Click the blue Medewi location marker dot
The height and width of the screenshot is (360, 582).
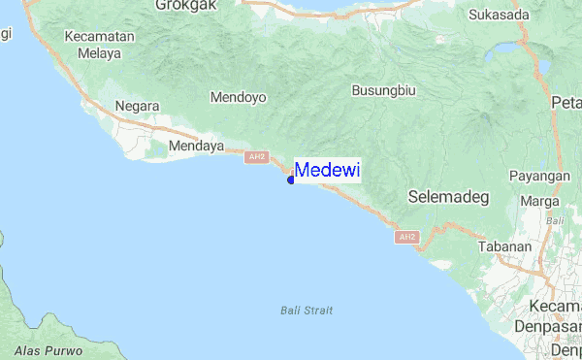point(291,179)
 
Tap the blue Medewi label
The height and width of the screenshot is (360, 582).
point(327,171)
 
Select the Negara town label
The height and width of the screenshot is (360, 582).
point(136,106)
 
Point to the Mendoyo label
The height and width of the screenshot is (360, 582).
point(238,97)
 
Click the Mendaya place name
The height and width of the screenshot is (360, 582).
point(196,147)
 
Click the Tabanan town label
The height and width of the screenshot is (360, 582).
point(504,246)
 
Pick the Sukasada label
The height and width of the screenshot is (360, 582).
point(499,15)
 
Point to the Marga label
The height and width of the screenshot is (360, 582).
point(539,201)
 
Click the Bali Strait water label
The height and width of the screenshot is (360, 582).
point(306,311)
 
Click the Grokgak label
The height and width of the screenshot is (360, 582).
point(183,5)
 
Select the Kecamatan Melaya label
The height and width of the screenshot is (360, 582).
point(99,45)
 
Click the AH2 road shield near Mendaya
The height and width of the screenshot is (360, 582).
point(256,157)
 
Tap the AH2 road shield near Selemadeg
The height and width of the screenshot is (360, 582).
point(407,237)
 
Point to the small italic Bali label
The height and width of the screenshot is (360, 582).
point(555,221)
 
